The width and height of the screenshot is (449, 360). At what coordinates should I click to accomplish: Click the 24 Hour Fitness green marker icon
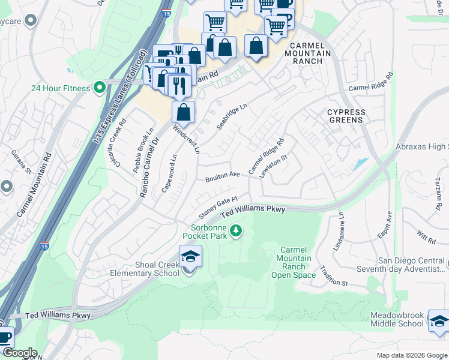coord(99,88)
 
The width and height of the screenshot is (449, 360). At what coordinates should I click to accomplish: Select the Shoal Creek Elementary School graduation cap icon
coord(190,257)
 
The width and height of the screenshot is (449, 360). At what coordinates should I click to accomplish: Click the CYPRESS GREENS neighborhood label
coord(345,116)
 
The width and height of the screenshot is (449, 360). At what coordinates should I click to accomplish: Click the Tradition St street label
coord(334,275)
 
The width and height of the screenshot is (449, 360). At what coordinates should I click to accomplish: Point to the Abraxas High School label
coord(422,147)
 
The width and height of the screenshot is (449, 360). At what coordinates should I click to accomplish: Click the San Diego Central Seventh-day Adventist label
coord(411,265)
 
